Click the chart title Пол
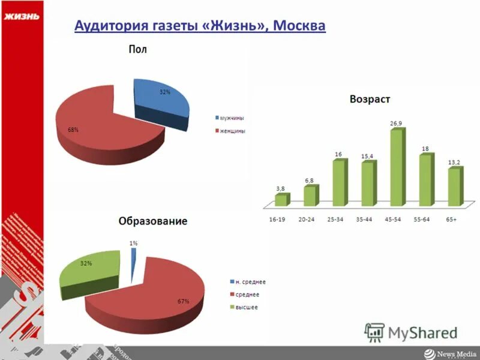tap(137, 50)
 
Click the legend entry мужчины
tap(231, 118)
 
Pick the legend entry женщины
tap(232, 130)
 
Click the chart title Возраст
tap(370, 98)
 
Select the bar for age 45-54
tap(397, 168)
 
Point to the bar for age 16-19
tap(281, 199)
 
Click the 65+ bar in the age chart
tap(454, 187)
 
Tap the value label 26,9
tap(396, 123)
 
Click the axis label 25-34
tap(335, 220)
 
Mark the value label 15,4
tap(367, 156)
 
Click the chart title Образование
tap(152, 221)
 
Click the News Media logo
tap(449, 353)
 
